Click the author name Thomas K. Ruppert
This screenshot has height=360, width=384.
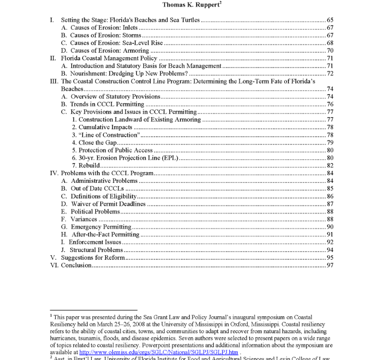pyautogui.click(x=192, y=5)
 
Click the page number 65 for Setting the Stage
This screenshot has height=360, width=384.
pyautogui.click(x=330, y=20)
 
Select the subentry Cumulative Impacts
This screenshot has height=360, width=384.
pyautogui.click(x=102, y=127)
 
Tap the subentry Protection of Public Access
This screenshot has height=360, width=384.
pyautogui.click(x=112, y=150)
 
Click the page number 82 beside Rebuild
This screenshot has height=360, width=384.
pyautogui.click(x=330, y=165)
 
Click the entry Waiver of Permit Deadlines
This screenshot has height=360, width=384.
pyautogui.click(x=108, y=204)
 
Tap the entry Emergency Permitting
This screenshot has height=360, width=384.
pyautogui.click(x=100, y=227)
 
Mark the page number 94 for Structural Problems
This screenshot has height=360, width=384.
pyautogui.click(x=330, y=250)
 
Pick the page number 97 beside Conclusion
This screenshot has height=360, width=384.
pyautogui.click(x=330, y=265)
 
